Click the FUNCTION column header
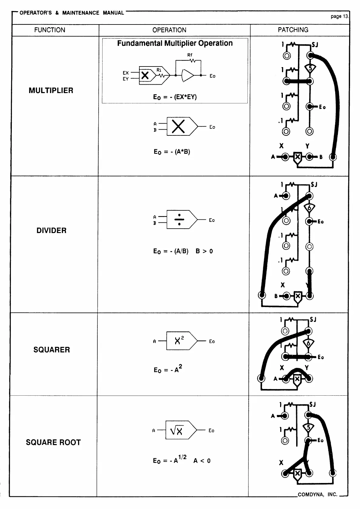(x=50, y=30)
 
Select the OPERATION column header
(x=169, y=30)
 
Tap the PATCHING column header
(x=293, y=30)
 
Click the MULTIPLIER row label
(x=51, y=90)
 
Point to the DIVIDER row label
(x=51, y=230)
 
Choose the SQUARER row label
(x=51, y=350)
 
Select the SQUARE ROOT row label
(x=53, y=442)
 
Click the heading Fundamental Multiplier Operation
(x=175, y=43)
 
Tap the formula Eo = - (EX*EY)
(x=175, y=97)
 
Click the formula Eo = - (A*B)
(x=172, y=152)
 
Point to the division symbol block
(x=179, y=220)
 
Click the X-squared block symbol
(x=179, y=341)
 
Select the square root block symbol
(x=178, y=430)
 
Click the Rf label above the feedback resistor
(x=190, y=55)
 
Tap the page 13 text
(x=340, y=16)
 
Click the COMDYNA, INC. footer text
(x=317, y=494)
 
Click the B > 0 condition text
(x=204, y=251)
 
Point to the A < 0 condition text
(x=202, y=461)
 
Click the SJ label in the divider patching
(x=314, y=184)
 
